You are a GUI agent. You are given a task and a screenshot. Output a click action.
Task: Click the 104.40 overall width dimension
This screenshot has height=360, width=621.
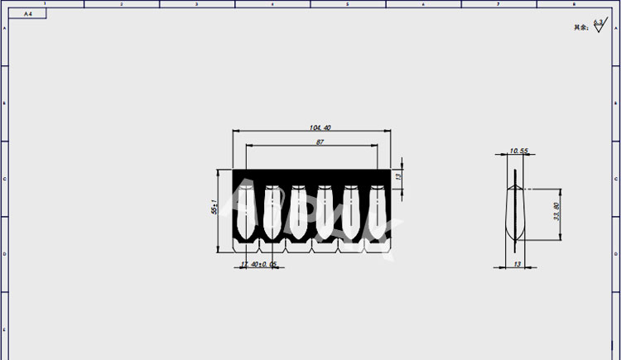320,127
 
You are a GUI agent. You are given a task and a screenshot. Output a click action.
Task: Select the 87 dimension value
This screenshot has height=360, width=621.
320,142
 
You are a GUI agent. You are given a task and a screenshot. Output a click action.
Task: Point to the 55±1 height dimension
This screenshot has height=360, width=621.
215,208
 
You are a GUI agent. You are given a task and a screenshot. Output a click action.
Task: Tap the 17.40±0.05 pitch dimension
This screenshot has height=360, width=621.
258,264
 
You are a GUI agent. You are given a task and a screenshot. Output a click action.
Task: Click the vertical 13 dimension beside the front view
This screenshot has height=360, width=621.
398,176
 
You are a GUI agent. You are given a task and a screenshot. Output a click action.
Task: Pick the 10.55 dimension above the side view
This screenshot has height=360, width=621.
519,151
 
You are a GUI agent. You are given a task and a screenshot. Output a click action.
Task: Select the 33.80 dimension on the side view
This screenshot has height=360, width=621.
556,212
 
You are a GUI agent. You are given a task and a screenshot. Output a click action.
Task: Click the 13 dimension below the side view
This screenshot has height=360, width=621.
518,264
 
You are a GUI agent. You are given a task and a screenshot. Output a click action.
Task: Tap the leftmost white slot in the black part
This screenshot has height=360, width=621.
246,212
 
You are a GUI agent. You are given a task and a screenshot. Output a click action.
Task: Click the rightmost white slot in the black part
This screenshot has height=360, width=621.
377,212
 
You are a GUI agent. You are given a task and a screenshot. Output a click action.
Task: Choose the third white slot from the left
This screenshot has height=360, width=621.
298,212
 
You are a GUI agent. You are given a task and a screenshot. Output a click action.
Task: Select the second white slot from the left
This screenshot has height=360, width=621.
272,212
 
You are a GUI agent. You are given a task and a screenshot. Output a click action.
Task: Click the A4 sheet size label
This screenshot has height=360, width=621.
28,14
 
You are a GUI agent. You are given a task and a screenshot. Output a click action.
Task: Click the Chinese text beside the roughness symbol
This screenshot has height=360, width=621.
580,27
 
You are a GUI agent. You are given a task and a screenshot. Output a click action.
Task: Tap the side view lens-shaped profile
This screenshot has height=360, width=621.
515,212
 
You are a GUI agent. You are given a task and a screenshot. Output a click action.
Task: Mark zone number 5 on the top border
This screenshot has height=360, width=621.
348,4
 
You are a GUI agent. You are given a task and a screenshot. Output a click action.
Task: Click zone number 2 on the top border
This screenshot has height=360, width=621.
121,4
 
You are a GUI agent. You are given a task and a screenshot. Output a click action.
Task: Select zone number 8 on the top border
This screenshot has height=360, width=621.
575,4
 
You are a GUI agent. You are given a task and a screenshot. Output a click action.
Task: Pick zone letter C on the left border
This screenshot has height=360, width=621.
4,178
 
